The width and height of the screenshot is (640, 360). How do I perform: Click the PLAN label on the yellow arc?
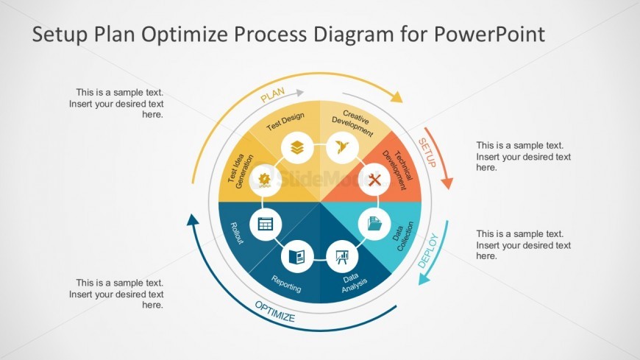click(272, 97)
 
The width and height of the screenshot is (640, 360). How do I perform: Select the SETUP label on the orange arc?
click(427, 152)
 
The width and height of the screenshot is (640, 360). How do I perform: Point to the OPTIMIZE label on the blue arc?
click(274, 312)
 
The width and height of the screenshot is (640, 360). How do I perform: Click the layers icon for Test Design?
click(297, 147)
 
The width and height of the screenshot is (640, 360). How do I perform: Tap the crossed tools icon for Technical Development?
click(374, 179)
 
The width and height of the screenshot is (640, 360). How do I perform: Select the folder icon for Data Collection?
click(374, 222)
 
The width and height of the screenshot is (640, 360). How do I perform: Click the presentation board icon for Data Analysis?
click(342, 256)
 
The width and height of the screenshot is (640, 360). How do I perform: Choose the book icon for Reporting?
click(297, 256)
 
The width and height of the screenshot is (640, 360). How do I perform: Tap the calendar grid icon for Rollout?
click(266, 223)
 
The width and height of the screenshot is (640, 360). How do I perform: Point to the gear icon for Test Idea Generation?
click(266, 179)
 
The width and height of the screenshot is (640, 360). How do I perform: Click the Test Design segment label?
click(285, 121)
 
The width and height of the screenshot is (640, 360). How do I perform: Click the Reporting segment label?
click(286, 283)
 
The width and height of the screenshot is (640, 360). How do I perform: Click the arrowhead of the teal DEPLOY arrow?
click(424, 278)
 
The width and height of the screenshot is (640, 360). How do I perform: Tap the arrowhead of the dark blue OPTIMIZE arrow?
click(193, 219)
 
